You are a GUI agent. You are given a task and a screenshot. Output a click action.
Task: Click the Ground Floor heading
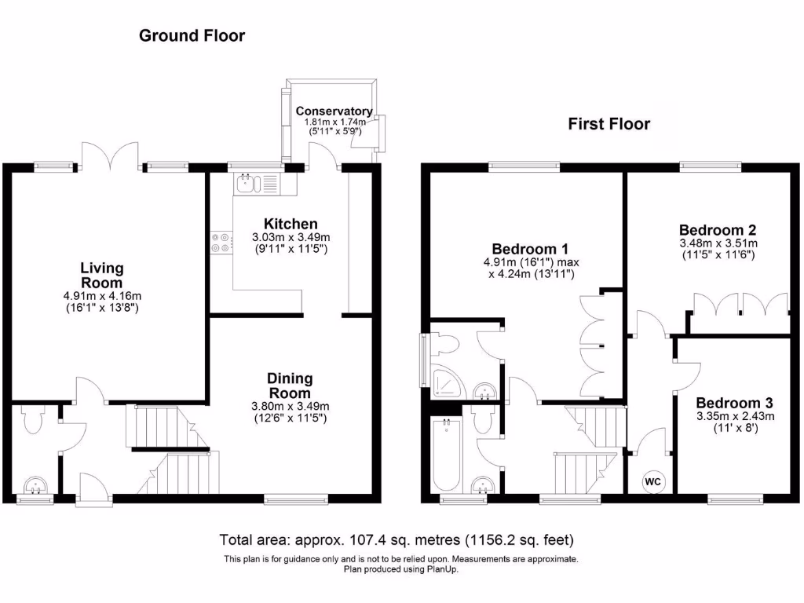[x=192, y=35]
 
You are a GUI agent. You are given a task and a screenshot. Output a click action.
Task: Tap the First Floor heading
[x=609, y=123]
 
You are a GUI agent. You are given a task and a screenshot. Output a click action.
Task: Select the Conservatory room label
[x=334, y=111]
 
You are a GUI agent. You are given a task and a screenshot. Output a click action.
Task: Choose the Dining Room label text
[x=291, y=386]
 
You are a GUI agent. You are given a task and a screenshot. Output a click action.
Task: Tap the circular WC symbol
[x=652, y=481]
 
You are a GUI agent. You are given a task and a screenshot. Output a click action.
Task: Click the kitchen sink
[x=247, y=185]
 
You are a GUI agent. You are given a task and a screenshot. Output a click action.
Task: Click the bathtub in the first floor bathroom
[x=446, y=456]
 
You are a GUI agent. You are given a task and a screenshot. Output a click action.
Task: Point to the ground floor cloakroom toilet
[x=33, y=419]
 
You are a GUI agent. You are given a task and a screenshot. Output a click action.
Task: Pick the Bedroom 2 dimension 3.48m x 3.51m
[x=718, y=243]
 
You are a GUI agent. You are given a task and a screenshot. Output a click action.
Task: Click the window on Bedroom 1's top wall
[x=524, y=166]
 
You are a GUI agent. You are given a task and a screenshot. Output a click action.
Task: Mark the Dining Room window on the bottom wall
[x=296, y=498]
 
